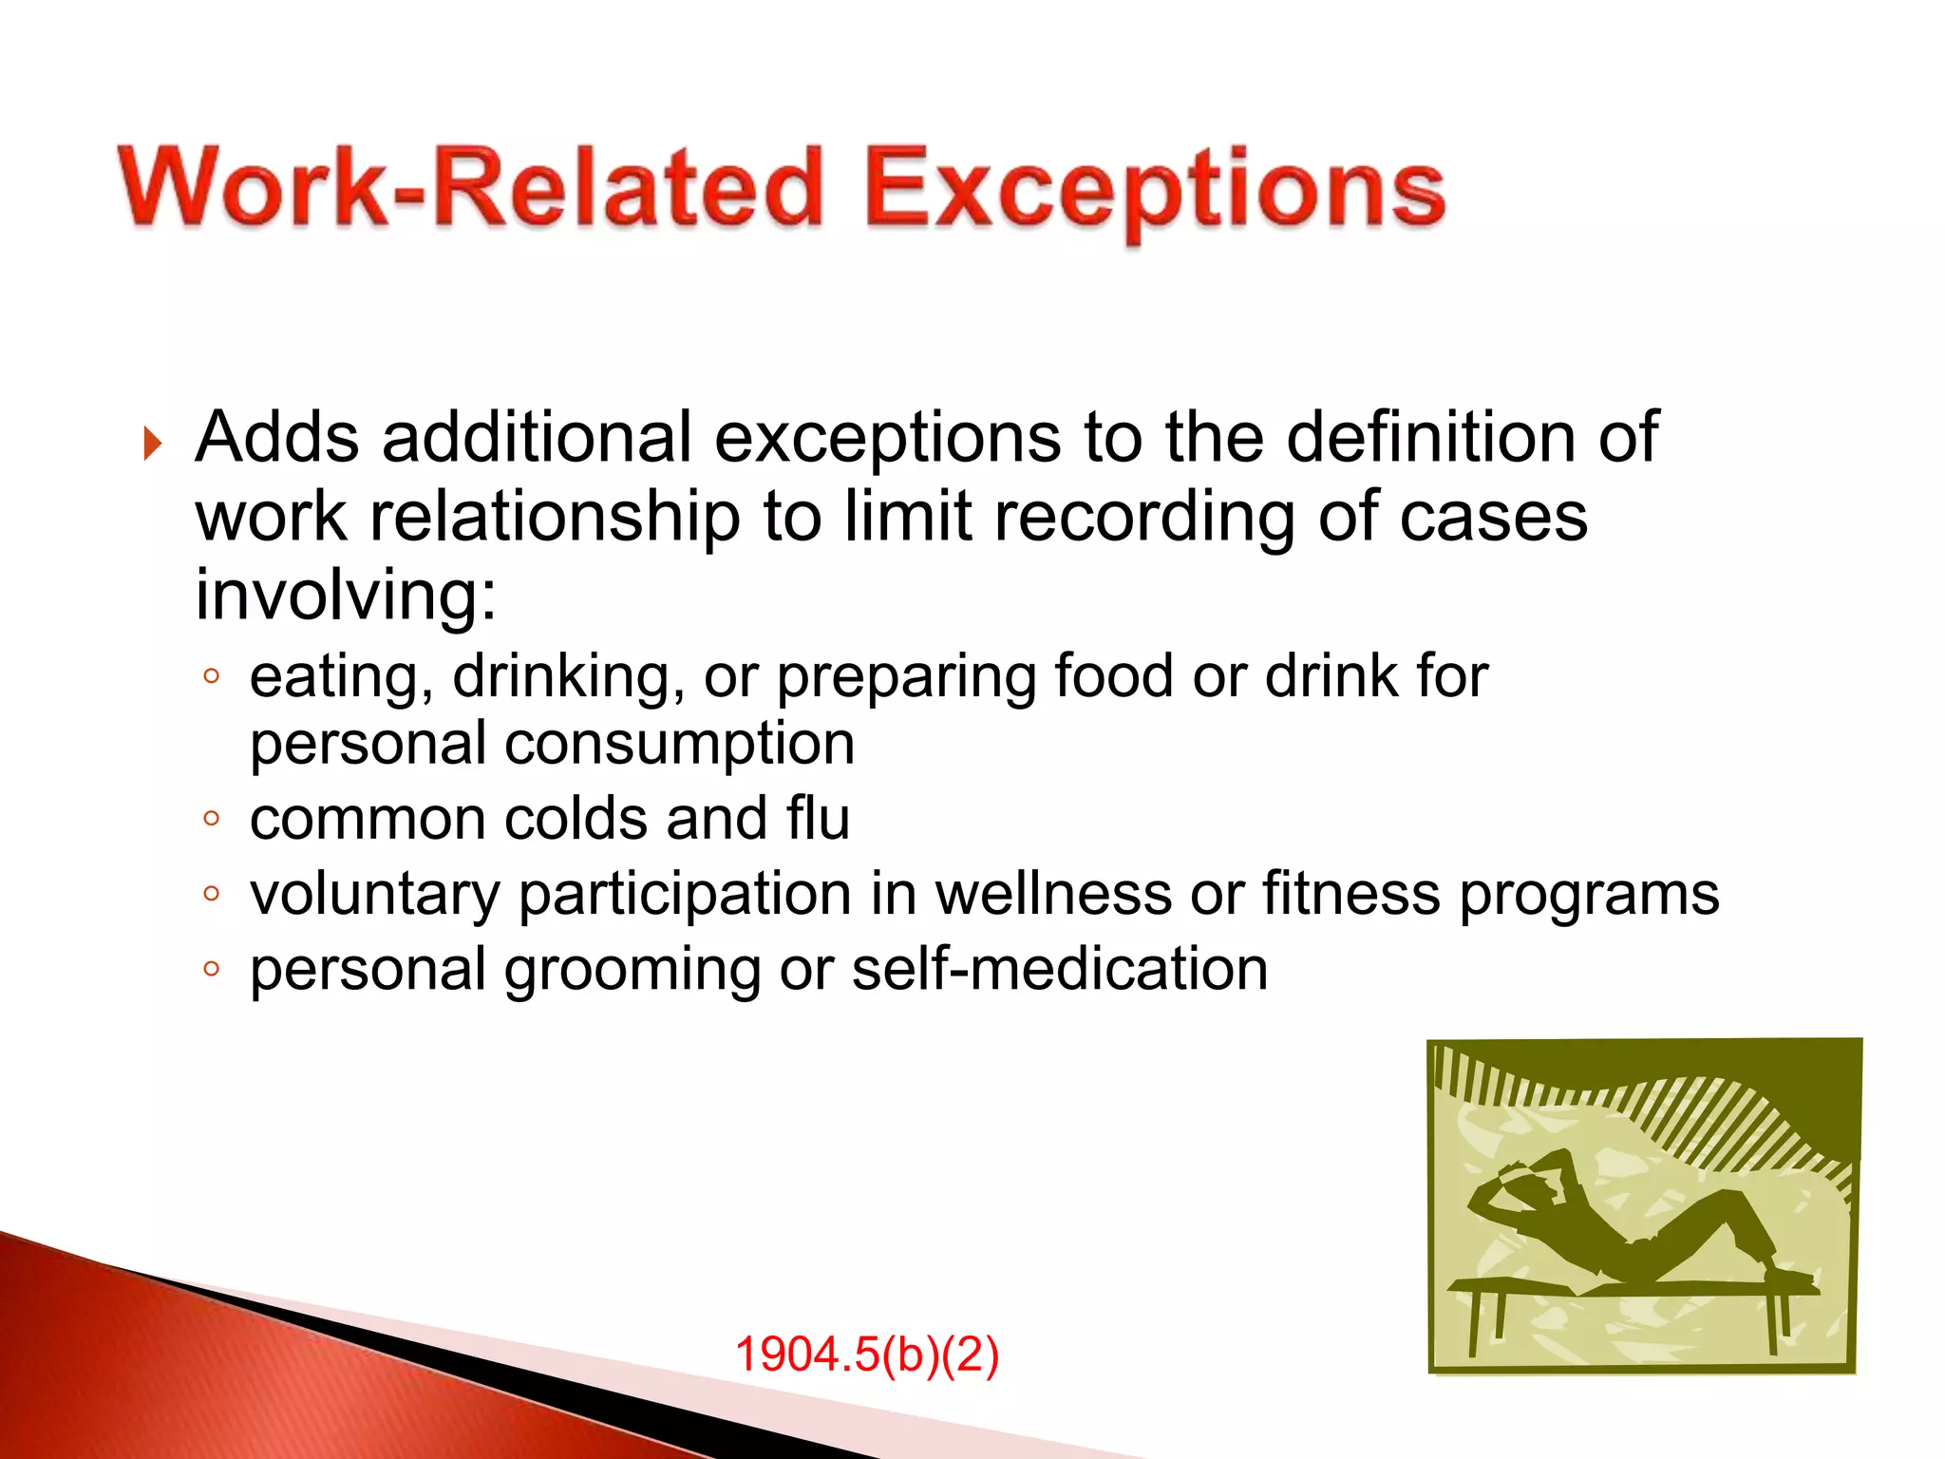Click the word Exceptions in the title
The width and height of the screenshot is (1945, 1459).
[1154, 190]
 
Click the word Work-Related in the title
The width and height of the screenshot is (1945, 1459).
[470, 188]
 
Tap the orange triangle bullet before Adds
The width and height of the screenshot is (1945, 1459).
[153, 444]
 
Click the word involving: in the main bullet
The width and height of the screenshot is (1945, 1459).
[346, 596]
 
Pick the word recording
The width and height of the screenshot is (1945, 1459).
[1140, 518]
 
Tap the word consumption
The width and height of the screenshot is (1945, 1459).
[679, 744]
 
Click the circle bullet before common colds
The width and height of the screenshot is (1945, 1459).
[212, 818]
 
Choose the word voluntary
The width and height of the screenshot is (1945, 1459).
[374, 895]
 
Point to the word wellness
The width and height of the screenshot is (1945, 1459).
[1054, 895]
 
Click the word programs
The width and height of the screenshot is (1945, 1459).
[1589, 895]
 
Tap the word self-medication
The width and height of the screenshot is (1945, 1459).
[1060, 970]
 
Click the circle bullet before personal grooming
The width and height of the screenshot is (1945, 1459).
[212, 969]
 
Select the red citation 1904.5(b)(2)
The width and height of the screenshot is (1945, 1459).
[866, 1355]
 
